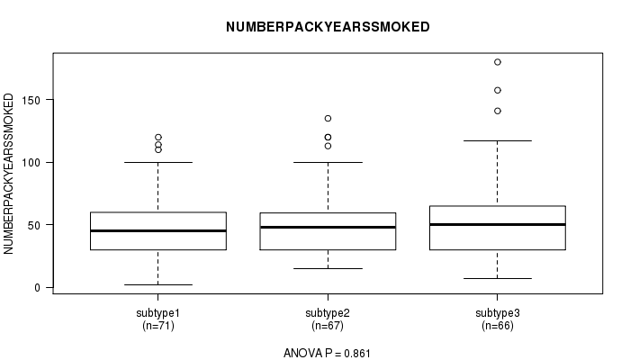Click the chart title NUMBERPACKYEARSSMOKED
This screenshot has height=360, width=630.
(x=328, y=27)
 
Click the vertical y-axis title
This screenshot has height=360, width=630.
(x=8, y=174)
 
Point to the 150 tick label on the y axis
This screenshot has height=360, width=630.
(x=31, y=100)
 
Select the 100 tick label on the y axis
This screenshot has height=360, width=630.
(x=31, y=163)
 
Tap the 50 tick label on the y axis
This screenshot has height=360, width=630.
(x=34, y=225)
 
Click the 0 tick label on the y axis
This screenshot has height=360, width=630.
(x=38, y=288)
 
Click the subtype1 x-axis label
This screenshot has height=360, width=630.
(x=157, y=313)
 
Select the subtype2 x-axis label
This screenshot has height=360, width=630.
(x=328, y=313)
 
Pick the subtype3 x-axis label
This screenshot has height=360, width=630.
(x=498, y=313)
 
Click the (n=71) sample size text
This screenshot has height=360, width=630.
(x=158, y=326)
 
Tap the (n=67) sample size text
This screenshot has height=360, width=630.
(x=328, y=326)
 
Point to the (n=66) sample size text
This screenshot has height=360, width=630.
(x=498, y=326)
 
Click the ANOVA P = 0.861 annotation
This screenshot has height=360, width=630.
(x=327, y=353)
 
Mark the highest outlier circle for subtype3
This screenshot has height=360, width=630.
(x=498, y=62)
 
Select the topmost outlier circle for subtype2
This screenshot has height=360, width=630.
(x=328, y=119)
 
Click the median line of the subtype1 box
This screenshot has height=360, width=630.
(x=158, y=230)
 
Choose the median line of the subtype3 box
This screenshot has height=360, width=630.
(x=498, y=224)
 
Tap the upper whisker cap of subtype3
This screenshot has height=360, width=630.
(x=498, y=141)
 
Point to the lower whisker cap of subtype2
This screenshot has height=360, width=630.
(x=328, y=268)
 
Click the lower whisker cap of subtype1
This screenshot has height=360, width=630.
(x=158, y=285)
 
